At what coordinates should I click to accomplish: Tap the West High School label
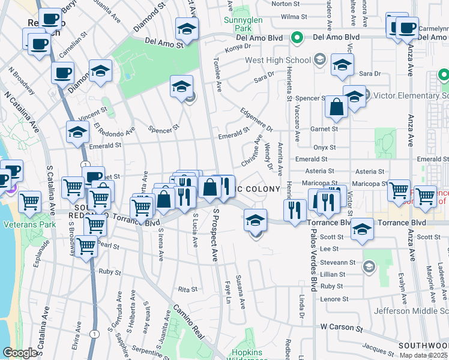(x=278, y=61)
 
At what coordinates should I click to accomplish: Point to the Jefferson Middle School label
(x=411, y=311)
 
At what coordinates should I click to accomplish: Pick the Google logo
(x=19, y=353)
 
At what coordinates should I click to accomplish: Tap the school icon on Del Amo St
(x=187, y=29)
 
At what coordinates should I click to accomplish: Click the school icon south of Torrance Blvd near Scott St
(x=362, y=230)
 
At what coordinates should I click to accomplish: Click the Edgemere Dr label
(x=257, y=120)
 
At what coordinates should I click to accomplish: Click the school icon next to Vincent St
(x=77, y=133)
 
